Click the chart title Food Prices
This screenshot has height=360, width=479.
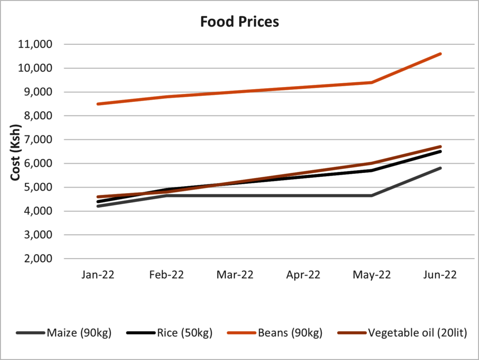click(x=239, y=22)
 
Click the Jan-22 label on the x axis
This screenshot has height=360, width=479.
click(x=97, y=274)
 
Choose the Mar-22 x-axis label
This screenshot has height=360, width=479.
click(x=235, y=274)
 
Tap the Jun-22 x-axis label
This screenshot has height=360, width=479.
click(x=440, y=274)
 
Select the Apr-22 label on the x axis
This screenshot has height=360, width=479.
click(x=303, y=274)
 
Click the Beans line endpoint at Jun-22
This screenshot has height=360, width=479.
click(x=440, y=54)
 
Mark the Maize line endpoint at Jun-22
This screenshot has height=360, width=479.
click(x=440, y=168)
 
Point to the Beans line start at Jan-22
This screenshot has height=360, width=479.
click(x=97, y=104)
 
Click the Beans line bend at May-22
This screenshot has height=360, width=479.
click(x=372, y=82)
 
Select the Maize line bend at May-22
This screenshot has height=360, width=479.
click(x=372, y=195)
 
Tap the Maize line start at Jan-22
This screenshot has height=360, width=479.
click(x=97, y=206)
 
